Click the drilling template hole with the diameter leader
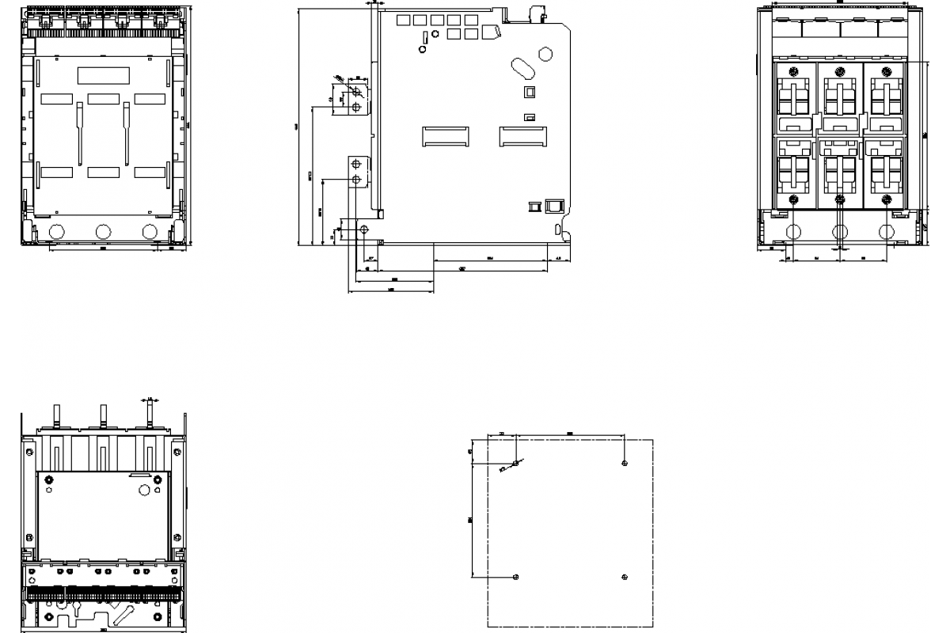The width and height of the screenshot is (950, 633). (x=516, y=462)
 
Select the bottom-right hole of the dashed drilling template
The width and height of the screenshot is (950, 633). (x=625, y=576)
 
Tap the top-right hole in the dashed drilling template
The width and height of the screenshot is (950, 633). (x=625, y=462)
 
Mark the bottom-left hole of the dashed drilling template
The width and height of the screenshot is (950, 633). (x=516, y=576)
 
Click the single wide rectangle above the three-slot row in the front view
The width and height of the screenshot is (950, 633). (x=103, y=75)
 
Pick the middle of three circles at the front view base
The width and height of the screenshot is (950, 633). (x=103, y=232)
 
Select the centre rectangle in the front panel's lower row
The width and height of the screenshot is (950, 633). (x=103, y=172)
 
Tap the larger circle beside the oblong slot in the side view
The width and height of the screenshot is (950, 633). (x=545, y=55)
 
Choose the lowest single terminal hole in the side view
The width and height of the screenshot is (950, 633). (x=363, y=229)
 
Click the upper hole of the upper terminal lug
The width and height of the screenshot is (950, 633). (x=356, y=93)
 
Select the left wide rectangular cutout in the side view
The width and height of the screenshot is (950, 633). (x=444, y=136)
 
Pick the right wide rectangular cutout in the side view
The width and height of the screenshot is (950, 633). (x=522, y=136)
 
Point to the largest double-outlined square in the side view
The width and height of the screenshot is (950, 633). (x=553, y=206)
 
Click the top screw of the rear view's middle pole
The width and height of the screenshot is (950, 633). (x=840, y=70)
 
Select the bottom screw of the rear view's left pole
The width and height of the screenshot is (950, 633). (x=794, y=198)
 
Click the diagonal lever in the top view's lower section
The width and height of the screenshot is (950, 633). (x=122, y=614)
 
